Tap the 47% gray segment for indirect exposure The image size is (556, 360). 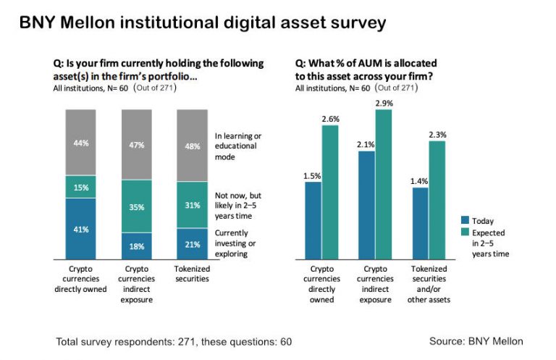tap(136, 145)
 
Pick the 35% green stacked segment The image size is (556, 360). tap(136, 206)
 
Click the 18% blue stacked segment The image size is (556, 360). tap(136, 246)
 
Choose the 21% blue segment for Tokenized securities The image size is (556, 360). tap(193, 243)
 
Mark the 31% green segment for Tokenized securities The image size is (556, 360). tap(193, 205)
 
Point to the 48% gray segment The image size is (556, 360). tap(193, 146)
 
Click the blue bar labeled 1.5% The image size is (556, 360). tap(313, 220)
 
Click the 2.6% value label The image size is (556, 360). tap(330, 118)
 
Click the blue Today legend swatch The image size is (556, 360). tap(466, 220)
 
